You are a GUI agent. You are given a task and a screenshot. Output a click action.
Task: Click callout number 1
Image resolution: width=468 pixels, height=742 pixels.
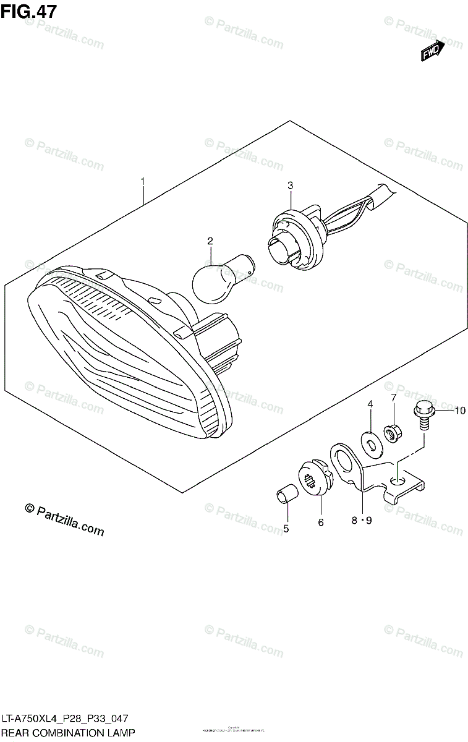[143, 181]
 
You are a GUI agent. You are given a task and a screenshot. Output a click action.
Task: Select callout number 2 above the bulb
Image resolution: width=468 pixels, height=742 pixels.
[210, 241]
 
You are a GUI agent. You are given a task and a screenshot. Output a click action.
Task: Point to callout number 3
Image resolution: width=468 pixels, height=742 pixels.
[289, 185]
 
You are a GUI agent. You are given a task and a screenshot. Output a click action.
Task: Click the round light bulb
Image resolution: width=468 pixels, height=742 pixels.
[213, 281]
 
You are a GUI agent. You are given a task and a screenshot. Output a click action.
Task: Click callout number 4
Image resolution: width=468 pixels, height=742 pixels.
[370, 404]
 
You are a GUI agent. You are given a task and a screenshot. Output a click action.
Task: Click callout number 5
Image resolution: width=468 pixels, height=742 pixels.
[286, 528]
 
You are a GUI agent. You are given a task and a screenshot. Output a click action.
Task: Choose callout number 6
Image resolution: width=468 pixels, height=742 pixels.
[321, 523]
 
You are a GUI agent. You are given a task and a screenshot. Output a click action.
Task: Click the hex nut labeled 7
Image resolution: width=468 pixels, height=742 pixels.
[391, 432]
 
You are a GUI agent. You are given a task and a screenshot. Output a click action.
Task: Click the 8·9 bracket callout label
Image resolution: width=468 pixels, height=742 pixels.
[362, 521]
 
